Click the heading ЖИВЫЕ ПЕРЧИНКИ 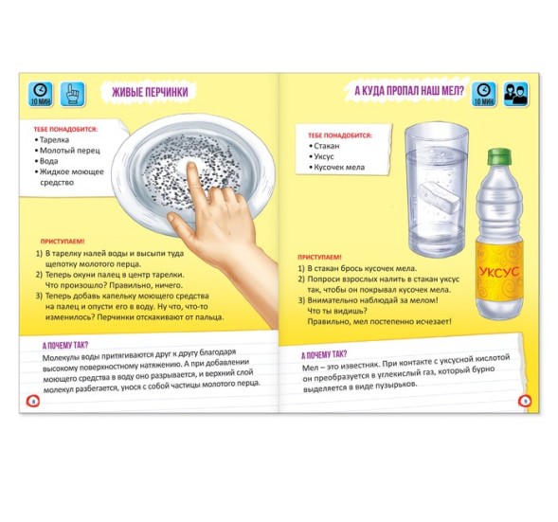(150, 92)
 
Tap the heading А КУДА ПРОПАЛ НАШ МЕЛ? (409, 90)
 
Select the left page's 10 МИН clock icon (40, 94)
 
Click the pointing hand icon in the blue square (72, 94)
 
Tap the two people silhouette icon (516, 94)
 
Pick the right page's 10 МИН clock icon (484, 94)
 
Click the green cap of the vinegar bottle (499, 157)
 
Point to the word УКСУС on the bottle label (499, 272)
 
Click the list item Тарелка (52, 140)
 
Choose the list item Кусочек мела (336, 168)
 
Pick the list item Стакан (324, 146)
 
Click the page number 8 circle (33, 402)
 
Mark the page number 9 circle (525, 401)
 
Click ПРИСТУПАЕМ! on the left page (63, 242)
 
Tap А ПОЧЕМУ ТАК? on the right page (324, 354)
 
